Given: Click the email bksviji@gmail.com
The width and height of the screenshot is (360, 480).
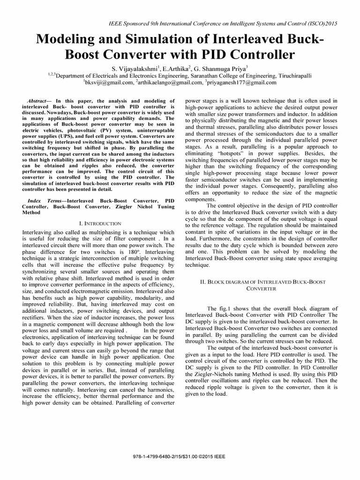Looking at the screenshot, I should (108, 82).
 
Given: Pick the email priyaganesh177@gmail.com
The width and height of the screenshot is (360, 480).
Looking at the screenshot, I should (242, 82).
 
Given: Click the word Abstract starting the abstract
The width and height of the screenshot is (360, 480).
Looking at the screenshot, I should (38, 101).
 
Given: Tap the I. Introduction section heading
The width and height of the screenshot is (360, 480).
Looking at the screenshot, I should (98, 224).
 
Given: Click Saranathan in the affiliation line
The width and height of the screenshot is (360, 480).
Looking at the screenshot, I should (206, 75).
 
